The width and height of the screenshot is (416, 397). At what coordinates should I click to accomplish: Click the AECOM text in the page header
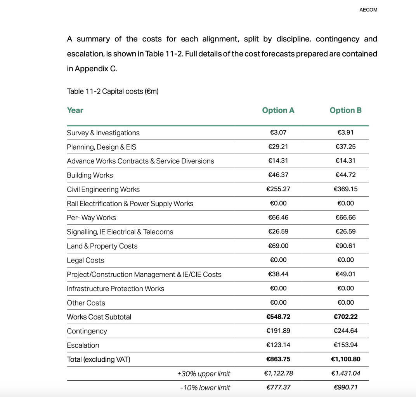(x=368, y=10)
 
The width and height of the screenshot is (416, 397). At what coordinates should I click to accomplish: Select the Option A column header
(x=278, y=110)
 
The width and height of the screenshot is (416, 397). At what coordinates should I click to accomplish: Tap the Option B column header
(x=345, y=110)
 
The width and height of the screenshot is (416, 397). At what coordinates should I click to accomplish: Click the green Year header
(x=75, y=110)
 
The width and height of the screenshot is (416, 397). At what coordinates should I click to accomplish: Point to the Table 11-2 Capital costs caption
(x=113, y=91)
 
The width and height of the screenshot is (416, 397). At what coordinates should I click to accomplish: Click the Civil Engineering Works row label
(x=103, y=190)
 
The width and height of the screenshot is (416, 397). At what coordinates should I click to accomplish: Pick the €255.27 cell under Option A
(x=278, y=189)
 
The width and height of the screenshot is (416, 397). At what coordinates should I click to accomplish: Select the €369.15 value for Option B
(x=345, y=189)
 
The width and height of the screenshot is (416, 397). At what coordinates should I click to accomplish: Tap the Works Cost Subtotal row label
(x=99, y=317)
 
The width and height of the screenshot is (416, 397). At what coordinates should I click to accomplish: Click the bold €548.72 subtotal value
(x=278, y=317)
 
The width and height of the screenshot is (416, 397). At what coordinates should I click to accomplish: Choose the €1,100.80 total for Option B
(x=345, y=359)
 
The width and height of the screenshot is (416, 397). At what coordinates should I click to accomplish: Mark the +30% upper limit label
(x=203, y=374)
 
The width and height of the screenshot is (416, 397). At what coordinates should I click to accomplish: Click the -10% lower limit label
(x=205, y=388)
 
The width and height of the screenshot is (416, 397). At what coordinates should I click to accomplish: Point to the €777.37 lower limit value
(x=278, y=387)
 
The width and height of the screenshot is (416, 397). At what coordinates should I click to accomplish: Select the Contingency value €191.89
(x=278, y=331)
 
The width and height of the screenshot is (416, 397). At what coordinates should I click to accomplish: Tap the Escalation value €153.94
(x=345, y=345)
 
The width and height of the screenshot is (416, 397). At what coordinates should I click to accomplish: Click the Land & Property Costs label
(x=102, y=246)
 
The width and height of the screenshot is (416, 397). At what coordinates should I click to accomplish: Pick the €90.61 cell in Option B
(x=345, y=246)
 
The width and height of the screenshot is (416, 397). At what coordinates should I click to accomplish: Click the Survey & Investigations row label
(x=103, y=133)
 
